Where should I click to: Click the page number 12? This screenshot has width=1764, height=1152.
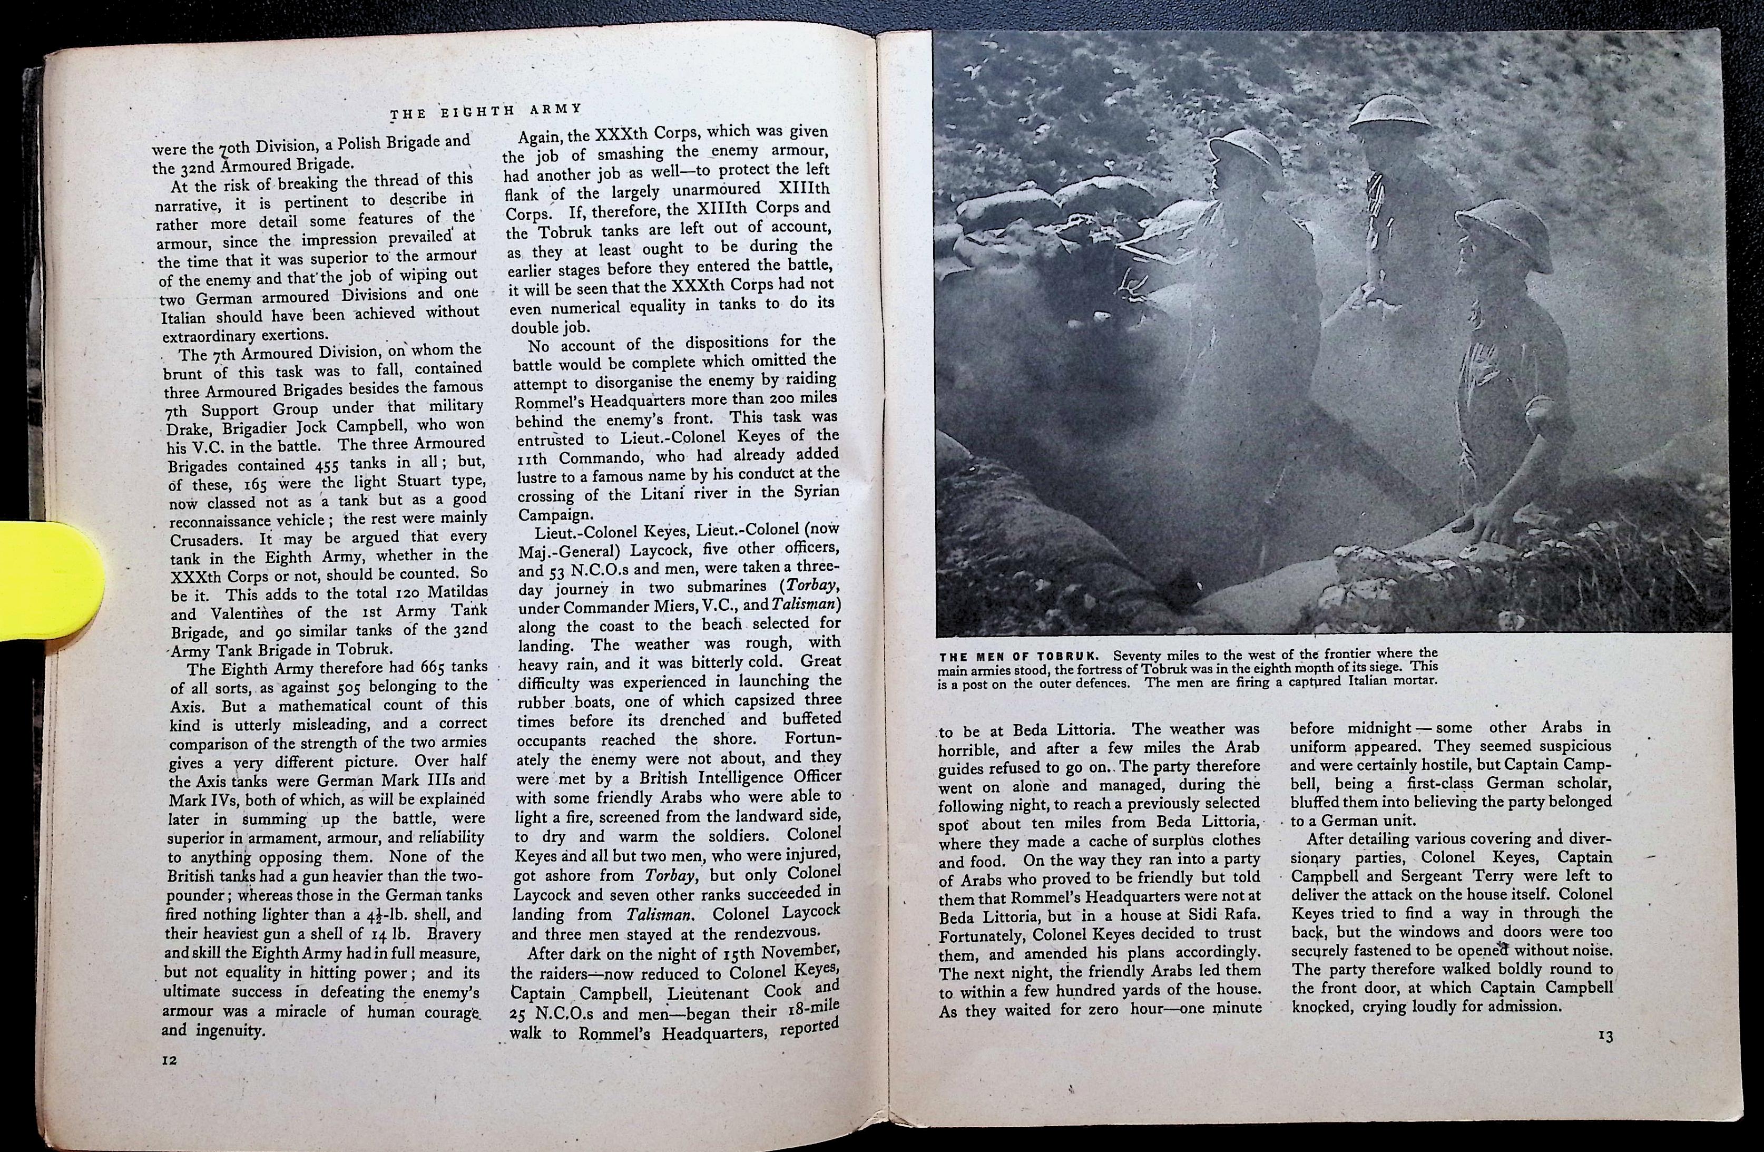point(170,1061)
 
